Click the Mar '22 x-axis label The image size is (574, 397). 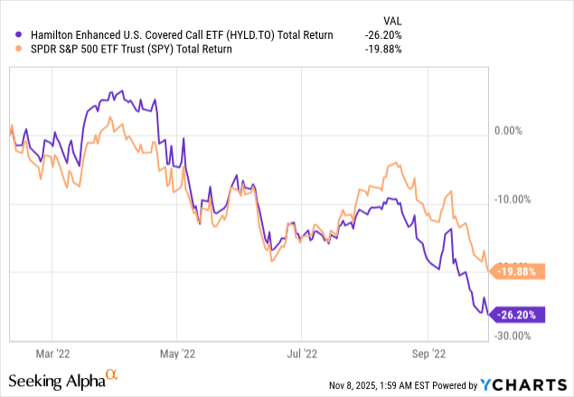56,354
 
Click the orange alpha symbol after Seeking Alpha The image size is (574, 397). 112,373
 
